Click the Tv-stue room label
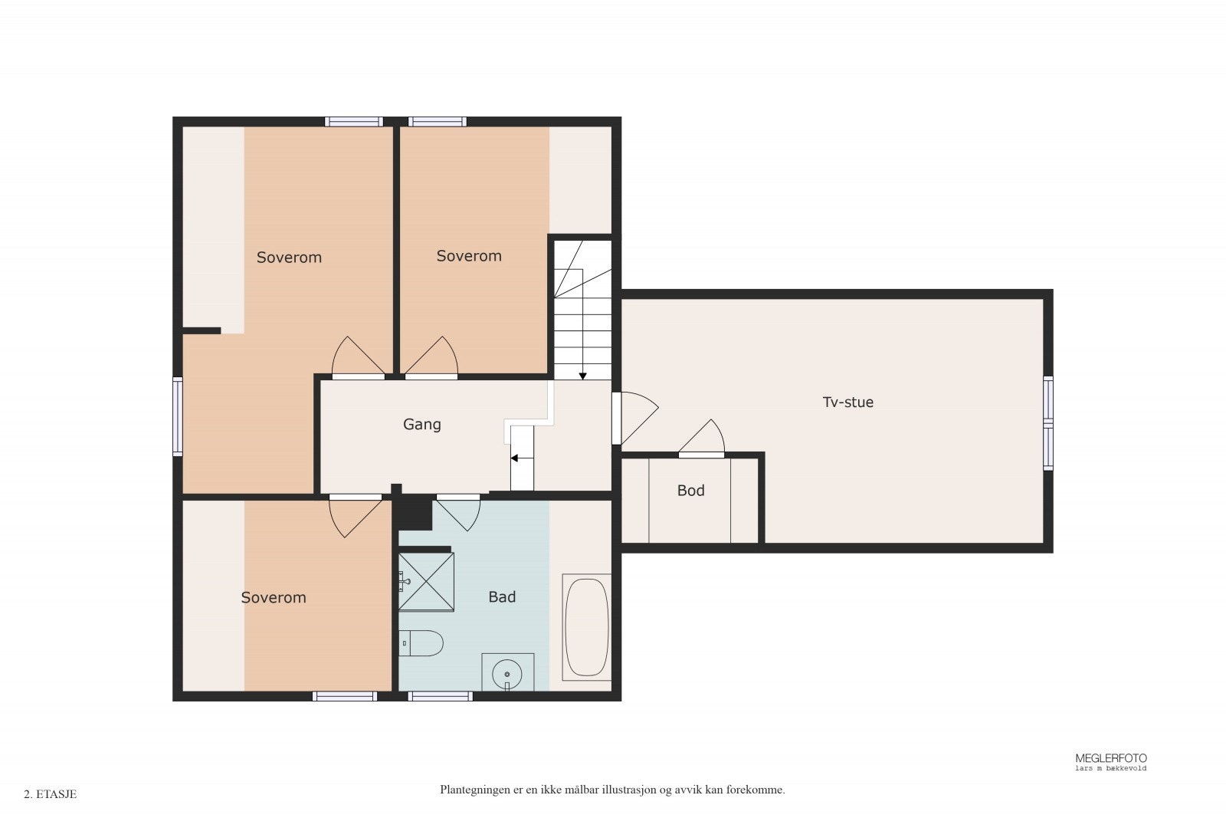847,402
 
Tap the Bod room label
690,491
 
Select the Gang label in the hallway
421,424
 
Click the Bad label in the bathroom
502,596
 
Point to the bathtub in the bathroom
587,627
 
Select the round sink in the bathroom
507,675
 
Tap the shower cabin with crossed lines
426,581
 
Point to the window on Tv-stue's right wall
1048,422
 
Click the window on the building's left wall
178,416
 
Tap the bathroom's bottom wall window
440,696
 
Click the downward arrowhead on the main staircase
582,376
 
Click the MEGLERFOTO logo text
1111,758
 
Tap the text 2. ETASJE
51,794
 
